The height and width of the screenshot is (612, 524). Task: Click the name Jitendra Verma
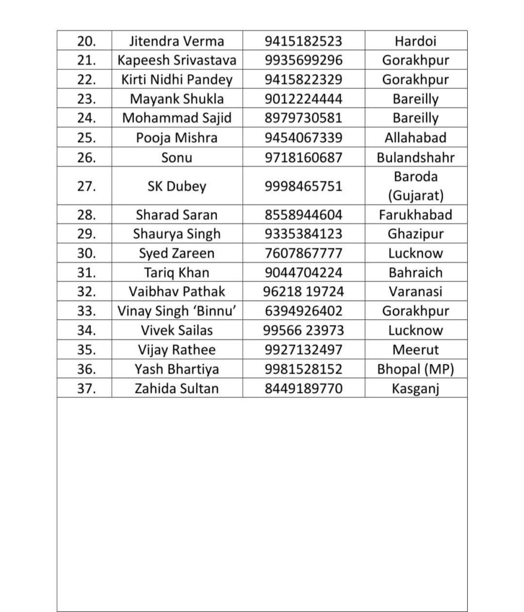(177, 41)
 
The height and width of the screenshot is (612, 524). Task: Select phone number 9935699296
(304, 60)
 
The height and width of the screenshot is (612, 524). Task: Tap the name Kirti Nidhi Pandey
(177, 79)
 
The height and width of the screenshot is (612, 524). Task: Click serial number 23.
(87, 99)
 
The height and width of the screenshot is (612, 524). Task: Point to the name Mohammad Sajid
(177, 118)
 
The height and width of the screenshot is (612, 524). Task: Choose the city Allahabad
(415, 137)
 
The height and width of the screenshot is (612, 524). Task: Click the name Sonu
(177, 157)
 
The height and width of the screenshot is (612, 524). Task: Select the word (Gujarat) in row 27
(415, 195)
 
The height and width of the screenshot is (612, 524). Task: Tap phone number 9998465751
(304, 186)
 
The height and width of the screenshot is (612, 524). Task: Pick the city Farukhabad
(415, 215)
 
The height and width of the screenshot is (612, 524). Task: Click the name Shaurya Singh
(177, 234)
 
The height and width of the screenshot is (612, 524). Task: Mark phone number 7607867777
(304, 253)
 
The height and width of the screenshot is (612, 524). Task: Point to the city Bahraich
(415, 273)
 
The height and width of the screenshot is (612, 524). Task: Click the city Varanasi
(415, 292)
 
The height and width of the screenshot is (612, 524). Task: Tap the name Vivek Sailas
(177, 331)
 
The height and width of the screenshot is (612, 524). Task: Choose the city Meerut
(415, 350)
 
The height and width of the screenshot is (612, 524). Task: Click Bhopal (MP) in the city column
(415, 369)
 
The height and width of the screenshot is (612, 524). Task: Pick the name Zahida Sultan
(177, 388)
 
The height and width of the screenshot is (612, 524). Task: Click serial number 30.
(87, 253)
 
